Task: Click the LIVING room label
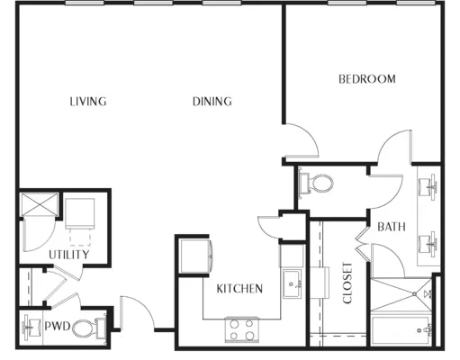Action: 88,102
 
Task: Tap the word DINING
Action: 212,102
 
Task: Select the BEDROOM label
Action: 367,79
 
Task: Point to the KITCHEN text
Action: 239,289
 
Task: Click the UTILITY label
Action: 69,255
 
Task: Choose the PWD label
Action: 58,326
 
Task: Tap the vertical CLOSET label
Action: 347,283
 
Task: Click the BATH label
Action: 392,227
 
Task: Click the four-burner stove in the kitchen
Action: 242,329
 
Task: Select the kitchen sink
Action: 293,283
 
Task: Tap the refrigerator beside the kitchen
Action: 195,256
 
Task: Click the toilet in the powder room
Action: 89,328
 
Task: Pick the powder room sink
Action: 32,326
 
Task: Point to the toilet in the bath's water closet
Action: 316,183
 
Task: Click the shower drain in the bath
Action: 414,294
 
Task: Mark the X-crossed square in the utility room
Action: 39,204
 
